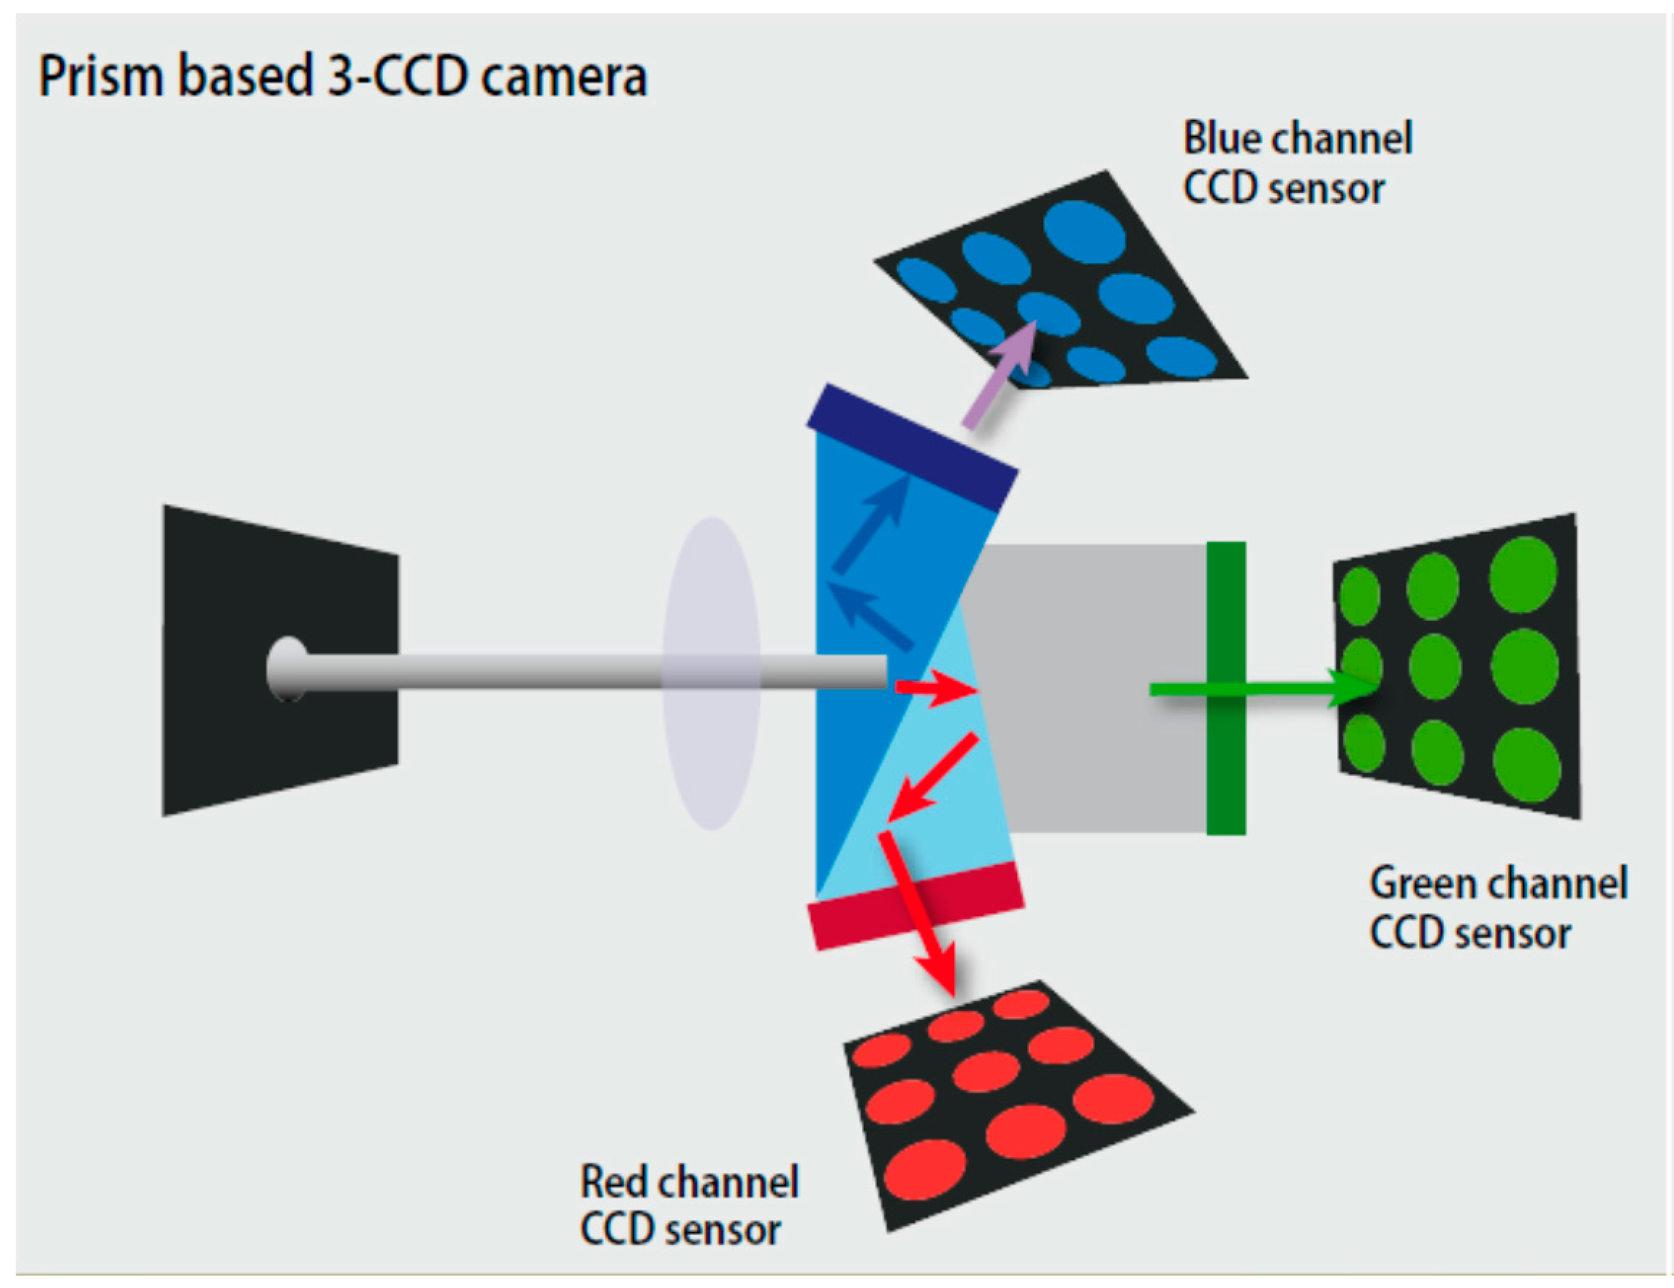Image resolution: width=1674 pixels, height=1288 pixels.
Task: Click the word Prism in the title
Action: pyautogui.click(x=101, y=76)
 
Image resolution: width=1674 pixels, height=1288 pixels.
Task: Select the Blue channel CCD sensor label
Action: pyautogui.click(x=1297, y=162)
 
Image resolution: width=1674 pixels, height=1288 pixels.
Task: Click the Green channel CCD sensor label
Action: pyautogui.click(x=1498, y=908)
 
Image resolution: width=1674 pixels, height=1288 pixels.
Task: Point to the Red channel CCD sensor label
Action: pyautogui.click(x=689, y=1205)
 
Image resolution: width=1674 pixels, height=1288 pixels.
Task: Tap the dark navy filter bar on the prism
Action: pyautogui.click(x=912, y=446)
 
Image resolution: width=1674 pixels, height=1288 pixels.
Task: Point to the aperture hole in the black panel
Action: pyautogui.click(x=287, y=669)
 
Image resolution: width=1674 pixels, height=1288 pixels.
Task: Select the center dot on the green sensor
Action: pyautogui.click(x=1435, y=667)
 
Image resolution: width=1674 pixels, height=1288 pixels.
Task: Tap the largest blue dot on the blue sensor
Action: pyautogui.click(x=1084, y=231)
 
